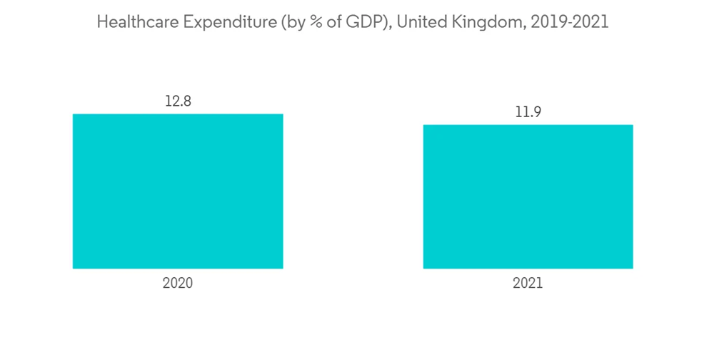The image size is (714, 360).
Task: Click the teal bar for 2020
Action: click(x=178, y=191)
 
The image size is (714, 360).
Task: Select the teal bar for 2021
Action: click(x=528, y=196)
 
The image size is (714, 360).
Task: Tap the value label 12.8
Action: click(x=178, y=101)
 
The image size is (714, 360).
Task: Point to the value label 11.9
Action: click(x=528, y=112)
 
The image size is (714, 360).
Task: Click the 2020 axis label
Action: click(x=178, y=283)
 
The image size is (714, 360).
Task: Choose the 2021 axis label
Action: click(x=528, y=283)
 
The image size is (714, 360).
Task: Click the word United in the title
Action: click(x=421, y=22)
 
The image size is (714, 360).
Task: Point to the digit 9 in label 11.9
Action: click(x=537, y=112)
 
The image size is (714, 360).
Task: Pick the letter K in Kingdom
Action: click(x=457, y=22)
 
